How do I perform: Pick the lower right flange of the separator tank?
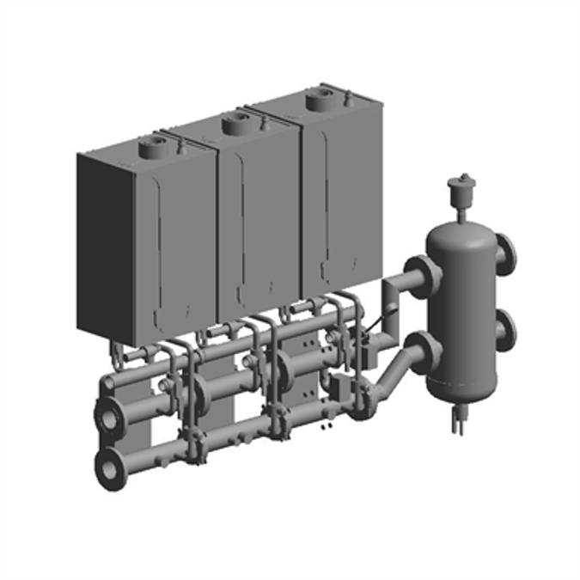pyautogui.click(x=506, y=328)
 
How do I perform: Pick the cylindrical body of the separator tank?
pyautogui.click(x=464, y=318)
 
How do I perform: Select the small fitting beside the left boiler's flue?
pyautogui.click(x=180, y=147)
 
